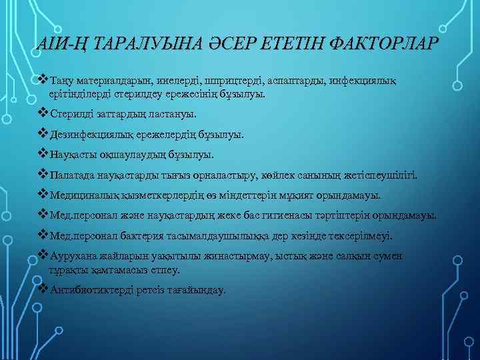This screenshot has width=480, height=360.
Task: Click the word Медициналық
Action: pos(83,196)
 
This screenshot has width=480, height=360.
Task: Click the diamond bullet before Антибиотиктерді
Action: pos(44,290)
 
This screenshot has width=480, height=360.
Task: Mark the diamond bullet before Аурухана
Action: pos(44,256)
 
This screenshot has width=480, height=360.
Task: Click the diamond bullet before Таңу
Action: pos(44,81)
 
